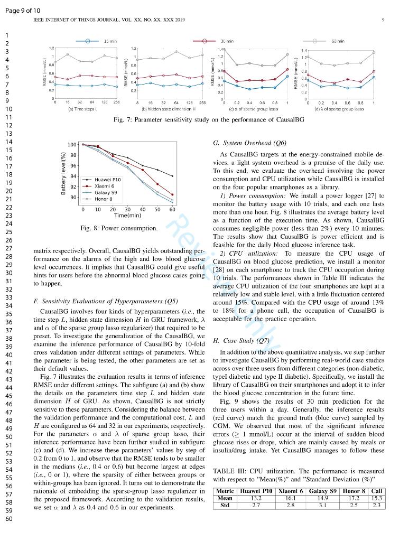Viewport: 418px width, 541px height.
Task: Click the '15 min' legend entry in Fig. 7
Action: [x=110, y=41]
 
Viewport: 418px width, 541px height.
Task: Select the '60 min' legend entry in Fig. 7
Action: [x=338, y=41]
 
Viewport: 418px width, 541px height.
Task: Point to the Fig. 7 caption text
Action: [x=209, y=119]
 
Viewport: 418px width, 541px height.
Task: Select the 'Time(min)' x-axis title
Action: [x=127, y=216]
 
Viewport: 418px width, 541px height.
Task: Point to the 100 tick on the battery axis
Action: [x=72, y=144]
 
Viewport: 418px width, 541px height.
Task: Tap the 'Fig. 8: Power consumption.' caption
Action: [x=119, y=228]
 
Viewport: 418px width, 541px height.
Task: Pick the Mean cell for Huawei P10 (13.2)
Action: [x=256, y=498]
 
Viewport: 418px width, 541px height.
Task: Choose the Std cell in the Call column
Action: [x=376, y=505]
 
